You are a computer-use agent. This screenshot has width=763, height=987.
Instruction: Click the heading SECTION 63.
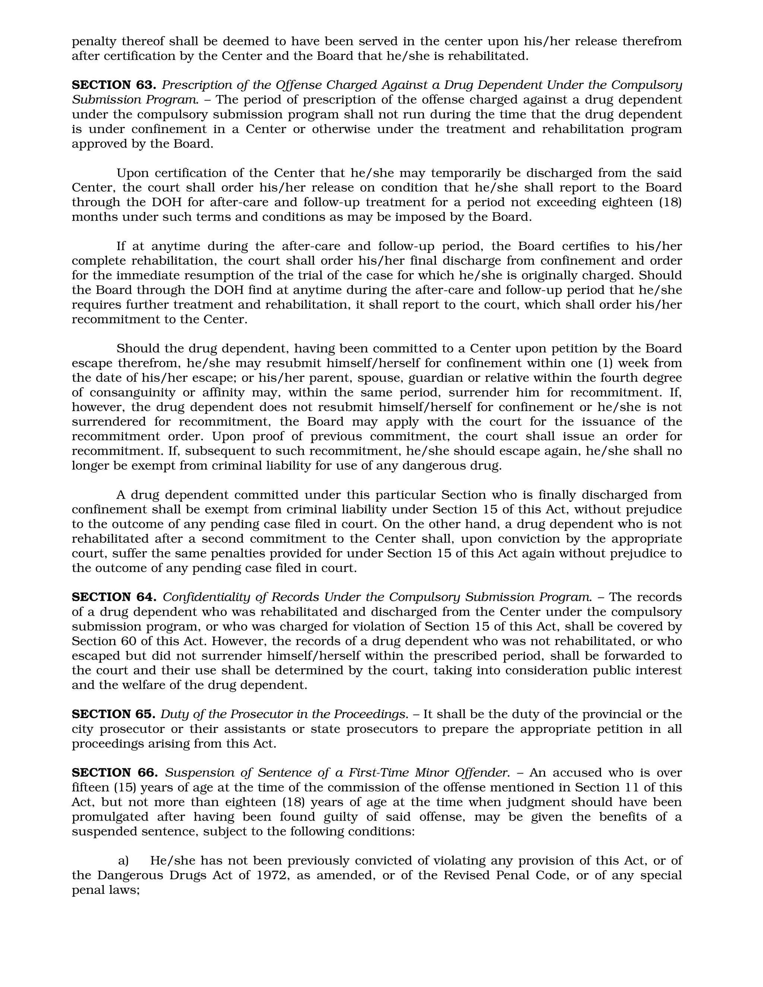click(x=114, y=85)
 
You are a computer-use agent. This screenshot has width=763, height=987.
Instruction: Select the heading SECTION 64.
click(x=114, y=597)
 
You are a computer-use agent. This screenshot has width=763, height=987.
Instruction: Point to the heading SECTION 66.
click(x=114, y=772)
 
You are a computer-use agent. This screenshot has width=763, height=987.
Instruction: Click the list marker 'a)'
click(x=123, y=860)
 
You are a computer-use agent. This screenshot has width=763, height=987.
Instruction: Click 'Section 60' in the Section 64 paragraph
click(x=102, y=641)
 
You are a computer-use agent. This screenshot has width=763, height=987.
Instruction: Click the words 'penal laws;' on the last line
click(x=105, y=890)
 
